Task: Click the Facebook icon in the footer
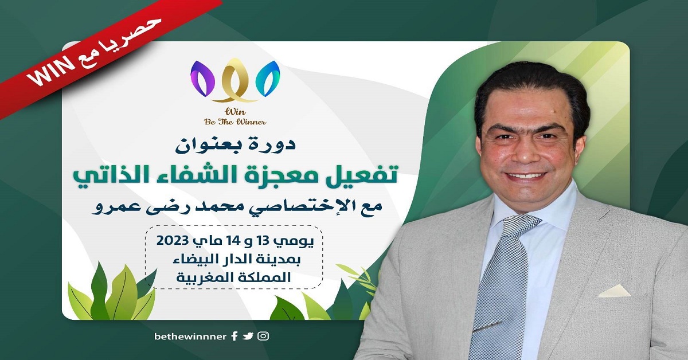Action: coord(234,336)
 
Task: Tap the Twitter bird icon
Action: coord(248,336)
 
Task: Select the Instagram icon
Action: coord(263,336)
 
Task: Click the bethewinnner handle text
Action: coord(190,336)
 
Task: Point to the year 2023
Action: coord(172,241)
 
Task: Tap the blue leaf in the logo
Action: coord(268,79)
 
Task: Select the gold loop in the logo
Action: coord(235,80)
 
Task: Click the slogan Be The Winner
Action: coord(235,122)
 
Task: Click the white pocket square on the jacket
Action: coord(614,291)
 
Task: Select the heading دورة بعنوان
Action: coord(235,145)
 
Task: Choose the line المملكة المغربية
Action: coord(233,277)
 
